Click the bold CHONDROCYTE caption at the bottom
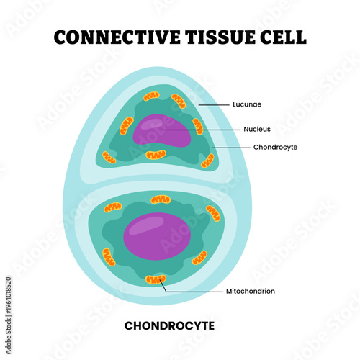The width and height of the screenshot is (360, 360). [169, 325]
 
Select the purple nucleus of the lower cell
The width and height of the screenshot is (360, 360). [158, 237]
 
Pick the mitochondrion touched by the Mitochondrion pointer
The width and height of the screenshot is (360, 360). [155, 279]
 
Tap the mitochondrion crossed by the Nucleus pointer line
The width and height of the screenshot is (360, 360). [197, 127]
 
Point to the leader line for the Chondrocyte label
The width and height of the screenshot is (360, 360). [229, 147]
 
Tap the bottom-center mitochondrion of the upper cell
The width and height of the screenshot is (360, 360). [156, 155]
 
